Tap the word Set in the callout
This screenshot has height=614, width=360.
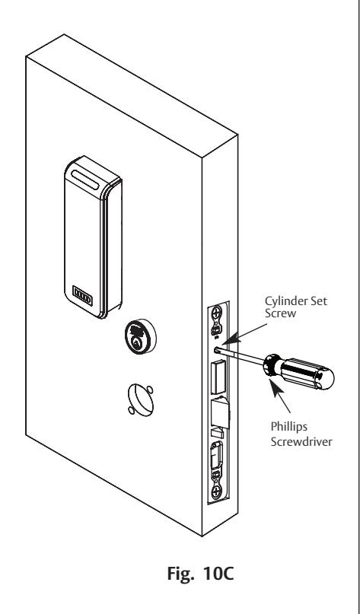pos(319,301)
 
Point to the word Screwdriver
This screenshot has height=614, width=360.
pos(301,442)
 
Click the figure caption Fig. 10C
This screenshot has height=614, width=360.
pos(201,574)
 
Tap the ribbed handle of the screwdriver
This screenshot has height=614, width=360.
pos(307,374)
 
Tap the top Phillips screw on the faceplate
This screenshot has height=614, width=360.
pos(217,313)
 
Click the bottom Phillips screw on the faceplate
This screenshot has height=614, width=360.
pos(217,492)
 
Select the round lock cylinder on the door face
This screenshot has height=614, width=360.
pos(140,336)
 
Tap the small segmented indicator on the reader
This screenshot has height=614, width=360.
pos(83,296)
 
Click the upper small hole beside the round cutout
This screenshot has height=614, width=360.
pos(150,390)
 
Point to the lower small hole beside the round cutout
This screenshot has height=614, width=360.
pos(131,410)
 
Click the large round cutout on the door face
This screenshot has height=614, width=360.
pos(140,399)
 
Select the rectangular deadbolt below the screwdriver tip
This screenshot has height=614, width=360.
pos(218,377)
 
